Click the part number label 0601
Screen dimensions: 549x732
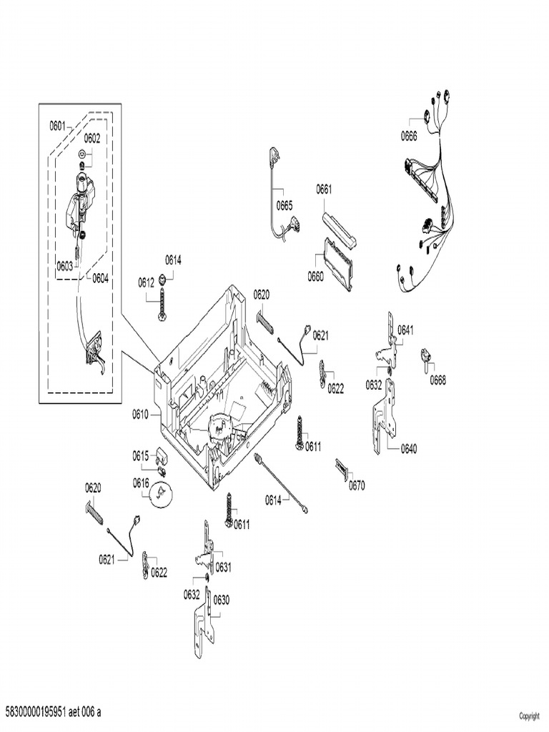[x=57, y=126]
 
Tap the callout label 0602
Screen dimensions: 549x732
[x=92, y=138]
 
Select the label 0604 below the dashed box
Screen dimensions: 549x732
[x=100, y=278]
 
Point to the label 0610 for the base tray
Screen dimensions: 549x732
[x=140, y=414]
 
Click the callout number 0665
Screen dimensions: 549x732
[x=285, y=205]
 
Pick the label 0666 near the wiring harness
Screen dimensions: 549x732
[x=409, y=137]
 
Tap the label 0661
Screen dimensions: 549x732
[x=324, y=189]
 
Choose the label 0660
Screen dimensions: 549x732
[x=315, y=277]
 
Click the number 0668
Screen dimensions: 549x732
[x=438, y=380]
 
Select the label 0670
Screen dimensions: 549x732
[x=357, y=485]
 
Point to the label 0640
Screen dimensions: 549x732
[x=408, y=449]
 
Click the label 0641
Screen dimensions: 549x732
[x=405, y=330]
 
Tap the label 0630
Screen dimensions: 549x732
[x=222, y=600]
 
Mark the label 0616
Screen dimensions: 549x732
[x=141, y=483]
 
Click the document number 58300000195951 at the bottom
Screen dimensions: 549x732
[x=35, y=712]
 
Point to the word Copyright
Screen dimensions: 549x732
[x=530, y=716]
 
